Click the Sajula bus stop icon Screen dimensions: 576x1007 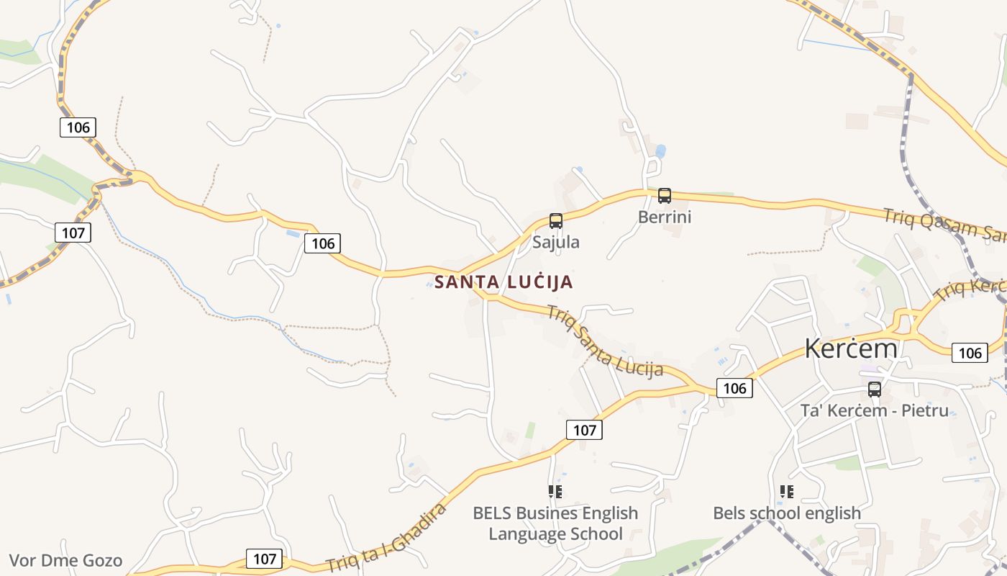(x=556, y=221)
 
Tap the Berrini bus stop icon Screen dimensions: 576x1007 (x=665, y=196)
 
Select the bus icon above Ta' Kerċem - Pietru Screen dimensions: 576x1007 (x=875, y=390)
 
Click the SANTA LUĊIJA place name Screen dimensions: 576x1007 (x=503, y=282)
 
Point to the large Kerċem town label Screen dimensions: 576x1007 (x=851, y=348)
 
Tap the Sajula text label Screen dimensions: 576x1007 (x=556, y=242)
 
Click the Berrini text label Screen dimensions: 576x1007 (x=665, y=217)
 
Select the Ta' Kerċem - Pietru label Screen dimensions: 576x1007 (x=875, y=411)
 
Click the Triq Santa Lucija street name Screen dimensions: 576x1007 (x=604, y=341)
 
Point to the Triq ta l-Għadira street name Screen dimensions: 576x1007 (x=387, y=537)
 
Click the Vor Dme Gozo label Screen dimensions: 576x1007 (x=65, y=561)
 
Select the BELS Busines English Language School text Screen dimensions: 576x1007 (x=555, y=523)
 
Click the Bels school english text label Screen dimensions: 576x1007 (x=787, y=513)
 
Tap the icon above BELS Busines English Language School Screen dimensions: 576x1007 (x=555, y=492)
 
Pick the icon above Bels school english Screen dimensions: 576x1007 (x=787, y=492)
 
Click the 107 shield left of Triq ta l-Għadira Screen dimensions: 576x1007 (x=265, y=559)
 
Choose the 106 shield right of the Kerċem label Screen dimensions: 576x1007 (x=970, y=353)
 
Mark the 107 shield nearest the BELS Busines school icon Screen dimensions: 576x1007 (x=584, y=430)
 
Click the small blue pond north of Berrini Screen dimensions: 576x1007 (x=660, y=151)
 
